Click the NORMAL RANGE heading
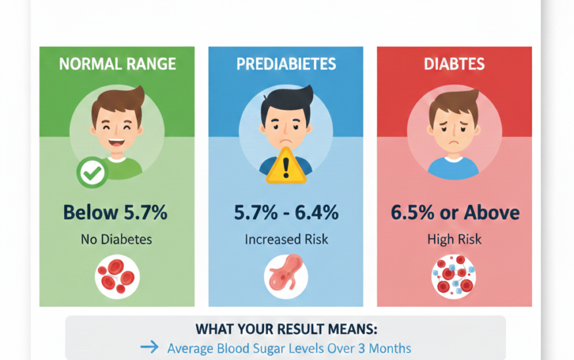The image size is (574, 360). click(118, 64)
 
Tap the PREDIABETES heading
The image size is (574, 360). click(286, 64)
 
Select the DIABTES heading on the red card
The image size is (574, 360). click(454, 64)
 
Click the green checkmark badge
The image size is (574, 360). click(92, 172)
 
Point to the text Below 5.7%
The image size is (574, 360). click(115, 212)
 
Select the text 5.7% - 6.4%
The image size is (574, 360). click(286, 212)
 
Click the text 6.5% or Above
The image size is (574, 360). click(455, 212)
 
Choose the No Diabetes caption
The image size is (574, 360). click(117, 240)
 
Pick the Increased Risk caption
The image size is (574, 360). click(286, 240)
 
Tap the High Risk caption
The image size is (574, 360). click(454, 240)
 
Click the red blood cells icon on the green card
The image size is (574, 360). click(117, 276)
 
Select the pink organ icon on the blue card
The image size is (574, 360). click(286, 276)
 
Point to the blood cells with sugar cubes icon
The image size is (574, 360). click(454, 276)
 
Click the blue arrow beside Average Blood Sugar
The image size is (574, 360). click(149, 347)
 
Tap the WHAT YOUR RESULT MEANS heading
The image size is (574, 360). click(286, 329)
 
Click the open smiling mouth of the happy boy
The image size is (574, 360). click(116, 143)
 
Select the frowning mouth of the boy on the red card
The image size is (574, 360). click(454, 142)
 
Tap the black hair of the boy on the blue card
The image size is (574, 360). click(286, 101)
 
